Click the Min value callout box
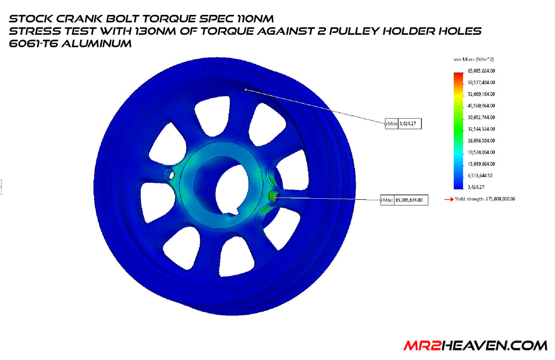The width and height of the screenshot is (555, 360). click(x=403, y=123)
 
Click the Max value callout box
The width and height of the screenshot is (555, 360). click(x=404, y=200)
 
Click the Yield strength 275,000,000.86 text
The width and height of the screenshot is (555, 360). click(x=485, y=198)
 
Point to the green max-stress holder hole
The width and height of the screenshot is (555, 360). click(x=272, y=196)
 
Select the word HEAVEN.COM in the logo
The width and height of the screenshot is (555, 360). click(x=492, y=345)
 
